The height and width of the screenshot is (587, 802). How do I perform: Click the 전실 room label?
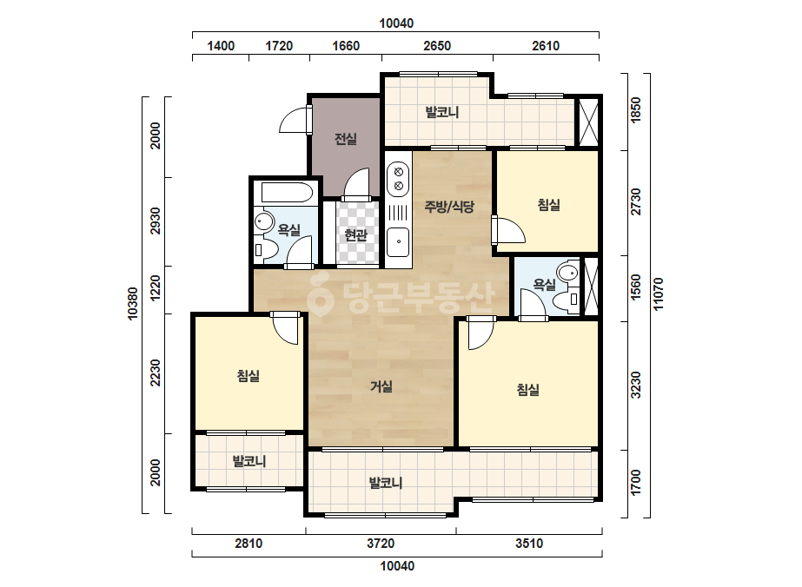pos(346,139)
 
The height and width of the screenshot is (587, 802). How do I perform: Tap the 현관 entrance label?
pos(356,235)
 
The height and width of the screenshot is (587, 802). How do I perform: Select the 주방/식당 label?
pos(449,207)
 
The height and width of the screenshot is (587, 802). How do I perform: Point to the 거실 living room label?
pos(381,386)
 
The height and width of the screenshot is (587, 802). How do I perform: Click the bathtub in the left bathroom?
pos(287,194)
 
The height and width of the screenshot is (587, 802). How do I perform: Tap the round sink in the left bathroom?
pos(264,222)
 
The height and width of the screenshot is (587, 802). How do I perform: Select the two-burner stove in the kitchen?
pos(399,179)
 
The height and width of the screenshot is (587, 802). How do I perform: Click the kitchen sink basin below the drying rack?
pos(398,242)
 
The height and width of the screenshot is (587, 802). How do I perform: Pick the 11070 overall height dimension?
pos(659,293)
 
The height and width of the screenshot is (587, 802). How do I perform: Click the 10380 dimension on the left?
pos(132,304)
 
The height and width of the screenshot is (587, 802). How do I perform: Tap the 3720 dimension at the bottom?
pos(381,543)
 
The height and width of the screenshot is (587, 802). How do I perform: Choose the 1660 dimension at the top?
pos(346,46)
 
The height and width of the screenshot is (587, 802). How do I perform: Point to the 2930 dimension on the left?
pos(155,221)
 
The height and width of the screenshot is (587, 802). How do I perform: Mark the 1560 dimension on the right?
pos(636,287)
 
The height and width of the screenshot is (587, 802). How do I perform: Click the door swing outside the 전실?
pos(293,120)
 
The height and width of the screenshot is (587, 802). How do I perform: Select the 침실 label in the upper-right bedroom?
pos(549,205)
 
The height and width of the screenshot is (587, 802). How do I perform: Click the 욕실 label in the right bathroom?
pos(544,284)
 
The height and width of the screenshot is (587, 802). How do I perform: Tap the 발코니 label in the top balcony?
pos(442,112)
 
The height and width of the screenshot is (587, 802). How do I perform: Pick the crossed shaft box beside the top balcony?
pos(587,122)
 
